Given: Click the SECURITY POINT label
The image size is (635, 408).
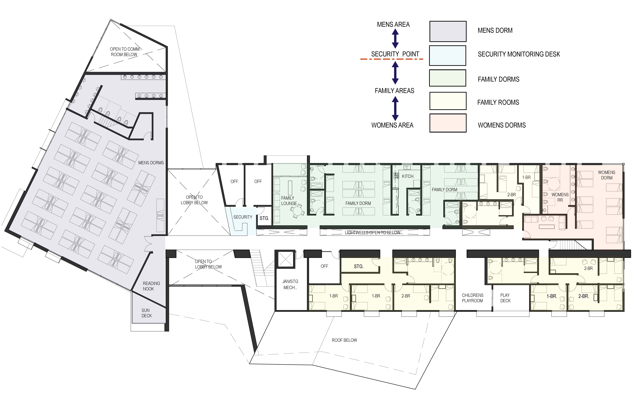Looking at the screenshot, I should [x=395, y=54].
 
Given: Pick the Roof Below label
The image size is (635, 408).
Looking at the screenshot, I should [x=344, y=340].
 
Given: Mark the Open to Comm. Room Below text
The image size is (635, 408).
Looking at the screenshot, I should [x=124, y=52].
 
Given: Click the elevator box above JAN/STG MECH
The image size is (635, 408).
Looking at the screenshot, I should [x=285, y=259].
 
